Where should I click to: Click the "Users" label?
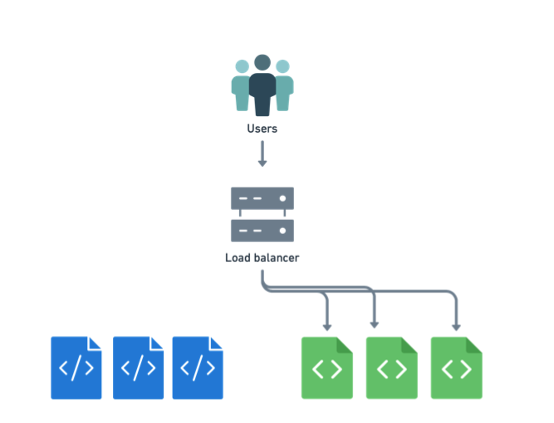point(262,129)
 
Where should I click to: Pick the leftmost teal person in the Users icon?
point(241,86)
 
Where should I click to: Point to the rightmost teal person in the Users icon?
point(283,86)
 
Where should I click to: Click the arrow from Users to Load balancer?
point(262,153)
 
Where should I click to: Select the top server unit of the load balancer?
point(262,199)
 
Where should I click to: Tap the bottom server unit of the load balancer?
point(262,230)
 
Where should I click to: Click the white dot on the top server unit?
point(283,199)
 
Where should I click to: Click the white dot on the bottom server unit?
point(283,230)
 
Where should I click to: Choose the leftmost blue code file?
point(76,367)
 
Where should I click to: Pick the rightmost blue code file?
point(198,367)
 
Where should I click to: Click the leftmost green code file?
point(326,367)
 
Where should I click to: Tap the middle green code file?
point(391,367)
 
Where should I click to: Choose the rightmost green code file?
point(456,367)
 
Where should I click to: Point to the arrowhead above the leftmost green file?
point(327,324)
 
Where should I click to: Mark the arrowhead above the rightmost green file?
point(457,324)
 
